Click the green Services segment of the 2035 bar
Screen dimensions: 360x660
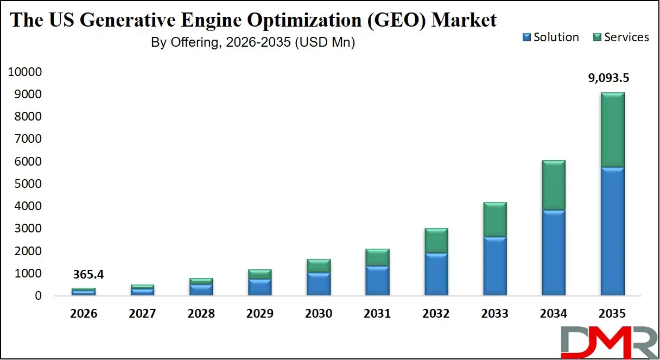pos(612,130)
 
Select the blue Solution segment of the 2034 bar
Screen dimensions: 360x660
pos(554,252)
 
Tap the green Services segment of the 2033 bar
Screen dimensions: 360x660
pos(495,220)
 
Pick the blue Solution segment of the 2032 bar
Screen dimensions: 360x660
pos(436,274)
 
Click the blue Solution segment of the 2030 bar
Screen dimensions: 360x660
pos(319,284)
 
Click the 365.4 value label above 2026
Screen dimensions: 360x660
pos(88,275)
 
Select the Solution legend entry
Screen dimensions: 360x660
pos(550,37)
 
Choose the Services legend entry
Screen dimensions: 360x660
pos(621,37)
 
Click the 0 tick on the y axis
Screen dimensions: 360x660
pos(38,296)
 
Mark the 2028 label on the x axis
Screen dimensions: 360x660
pos(201,314)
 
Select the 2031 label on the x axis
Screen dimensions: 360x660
pos(377,314)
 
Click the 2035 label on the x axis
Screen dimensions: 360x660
pos(612,314)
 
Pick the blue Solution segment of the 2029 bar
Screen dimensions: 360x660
pos(260,287)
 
